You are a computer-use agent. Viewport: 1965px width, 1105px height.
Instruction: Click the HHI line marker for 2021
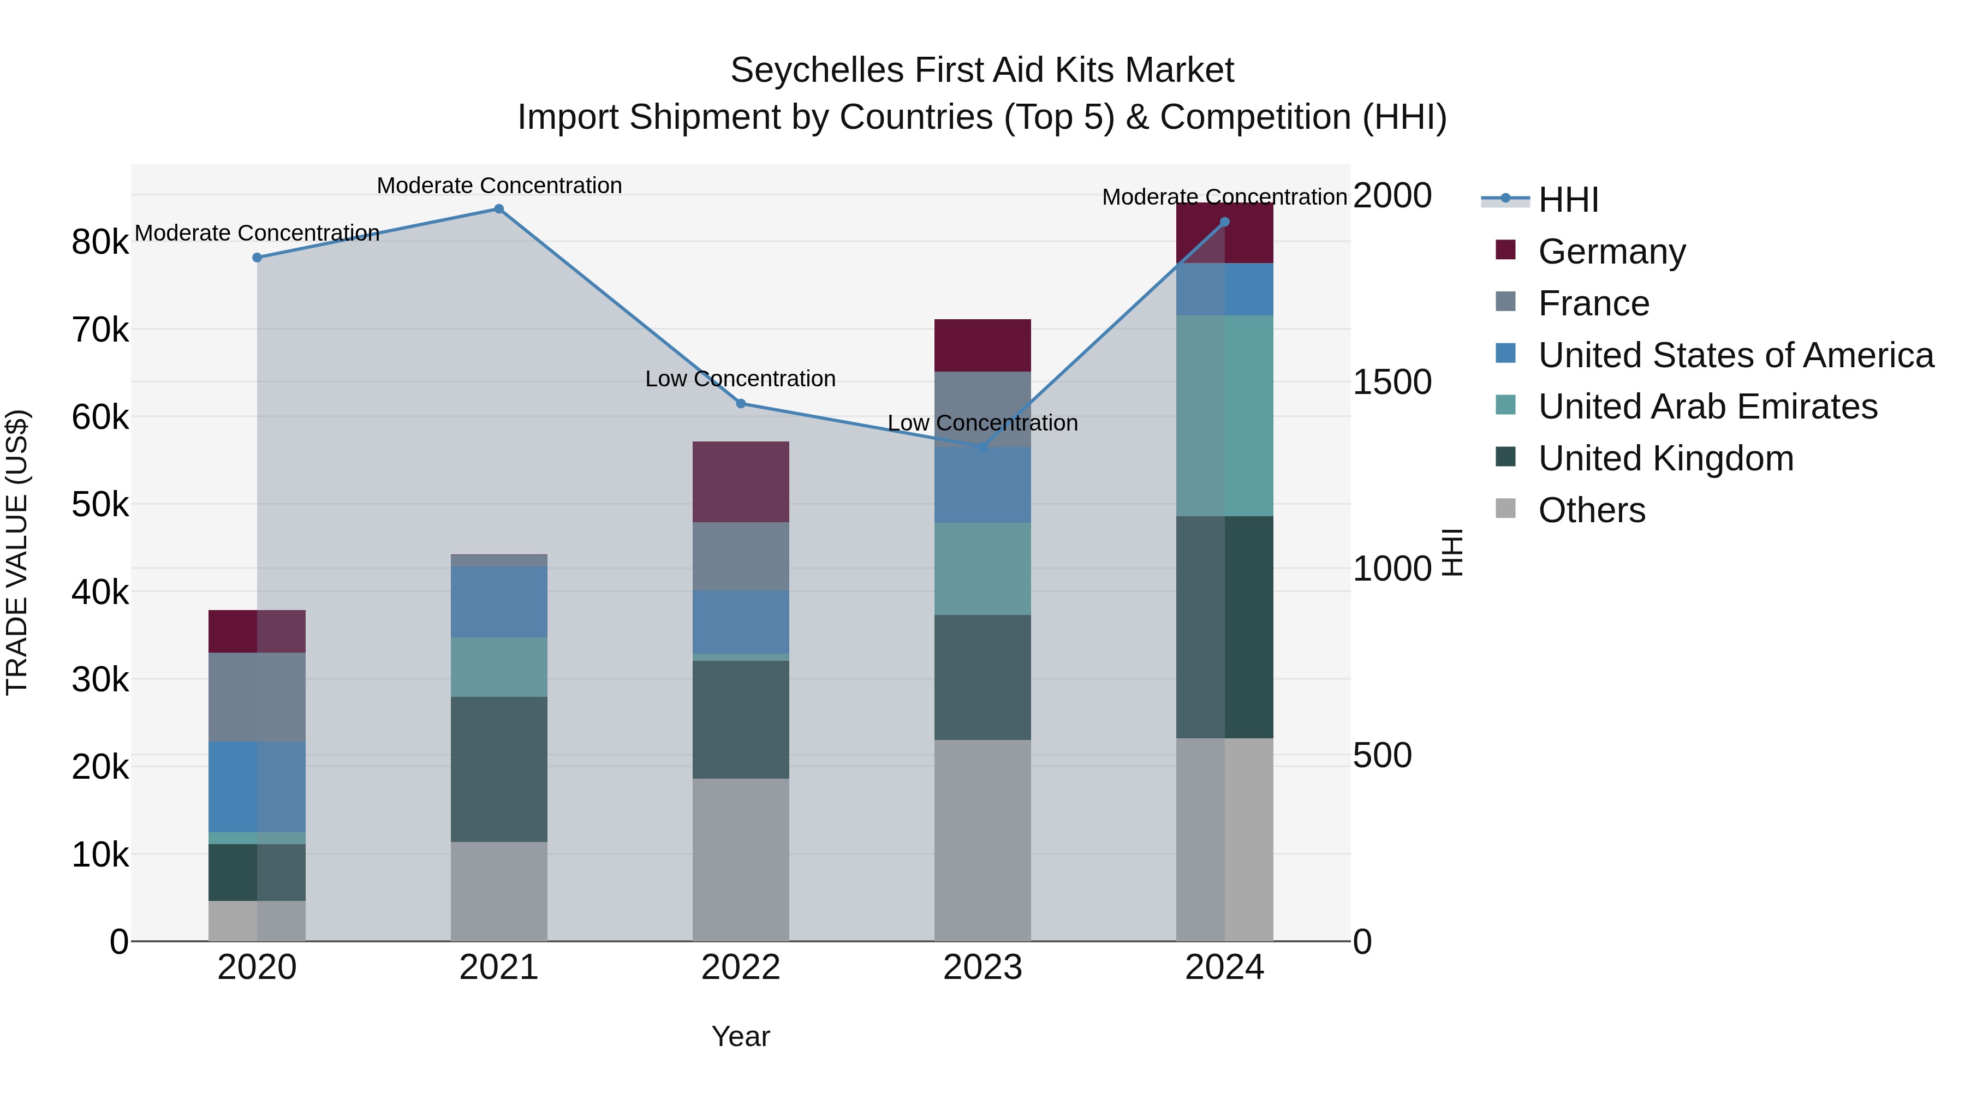(x=499, y=209)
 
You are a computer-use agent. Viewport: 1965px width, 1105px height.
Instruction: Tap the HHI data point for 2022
(x=741, y=403)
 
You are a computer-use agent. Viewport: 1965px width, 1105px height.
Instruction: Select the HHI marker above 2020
(x=257, y=258)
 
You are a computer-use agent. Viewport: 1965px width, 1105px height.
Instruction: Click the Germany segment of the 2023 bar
(x=982, y=345)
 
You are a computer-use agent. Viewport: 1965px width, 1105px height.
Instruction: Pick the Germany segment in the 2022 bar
(x=741, y=482)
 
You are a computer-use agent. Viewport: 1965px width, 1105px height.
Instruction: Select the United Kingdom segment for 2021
(x=499, y=769)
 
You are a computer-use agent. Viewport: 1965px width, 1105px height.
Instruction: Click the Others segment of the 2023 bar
(x=982, y=840)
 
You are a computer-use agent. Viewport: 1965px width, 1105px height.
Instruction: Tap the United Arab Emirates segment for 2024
(x=1224, y=416)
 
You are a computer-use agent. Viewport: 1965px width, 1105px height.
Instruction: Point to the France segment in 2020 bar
(x=257, y=697)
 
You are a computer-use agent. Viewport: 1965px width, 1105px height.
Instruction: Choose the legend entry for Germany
(x=1611, y=252)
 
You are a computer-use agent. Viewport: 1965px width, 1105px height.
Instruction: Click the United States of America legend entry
(x=1735, y=355)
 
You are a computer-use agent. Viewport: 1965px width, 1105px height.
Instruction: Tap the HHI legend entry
(x=1568, y=200)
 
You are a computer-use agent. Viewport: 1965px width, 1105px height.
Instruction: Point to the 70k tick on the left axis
(x=100, y=330)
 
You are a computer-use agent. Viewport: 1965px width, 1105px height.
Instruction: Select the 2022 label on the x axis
(x=741, y=967)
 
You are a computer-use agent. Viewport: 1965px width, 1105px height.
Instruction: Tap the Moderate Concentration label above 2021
(x=499, y=186)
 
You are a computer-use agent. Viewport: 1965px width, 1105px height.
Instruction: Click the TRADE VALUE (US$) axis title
(x=17, y=552)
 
